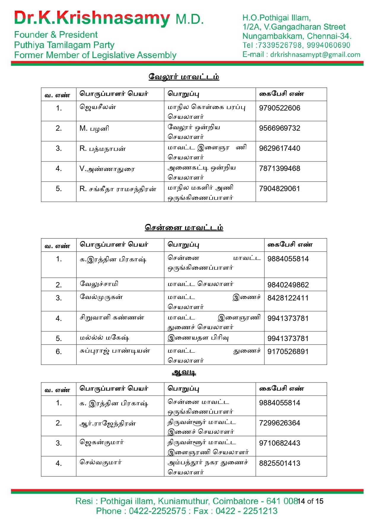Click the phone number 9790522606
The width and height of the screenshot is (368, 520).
click(x=279, y=108)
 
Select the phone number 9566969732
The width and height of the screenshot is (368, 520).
click(x=279, y=128)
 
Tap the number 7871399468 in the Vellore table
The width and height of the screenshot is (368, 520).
click(x=279, y=169)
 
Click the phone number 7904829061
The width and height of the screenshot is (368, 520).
click(x=279, y=189)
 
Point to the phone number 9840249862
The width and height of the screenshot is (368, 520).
click(x=288, y=285)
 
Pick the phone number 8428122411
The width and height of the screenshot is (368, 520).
click(x=288, y=298)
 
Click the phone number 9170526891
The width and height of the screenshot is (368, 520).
click(x=288, y=352)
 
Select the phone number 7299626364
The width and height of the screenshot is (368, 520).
click(x=279, y=423)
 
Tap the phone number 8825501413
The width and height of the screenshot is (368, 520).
click(x=279, y=463)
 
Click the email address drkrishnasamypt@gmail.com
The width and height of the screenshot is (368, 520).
click(x=315, y=55)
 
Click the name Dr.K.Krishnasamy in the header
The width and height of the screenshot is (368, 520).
click(x=92, y=18)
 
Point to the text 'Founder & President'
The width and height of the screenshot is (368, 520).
click(x=56, y=35)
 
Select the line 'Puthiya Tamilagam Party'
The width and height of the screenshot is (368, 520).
click(x=64, y=45)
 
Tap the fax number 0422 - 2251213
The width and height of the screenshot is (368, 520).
click(x=246, y=511)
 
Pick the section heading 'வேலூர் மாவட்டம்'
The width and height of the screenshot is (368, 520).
click(x=184, y=77)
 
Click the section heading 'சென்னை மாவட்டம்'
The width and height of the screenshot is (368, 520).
click(x=184, y=228)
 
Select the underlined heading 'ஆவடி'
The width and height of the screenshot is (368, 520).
click(x=184, y=372)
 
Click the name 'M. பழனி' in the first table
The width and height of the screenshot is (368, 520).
click(x=94, y=129)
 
